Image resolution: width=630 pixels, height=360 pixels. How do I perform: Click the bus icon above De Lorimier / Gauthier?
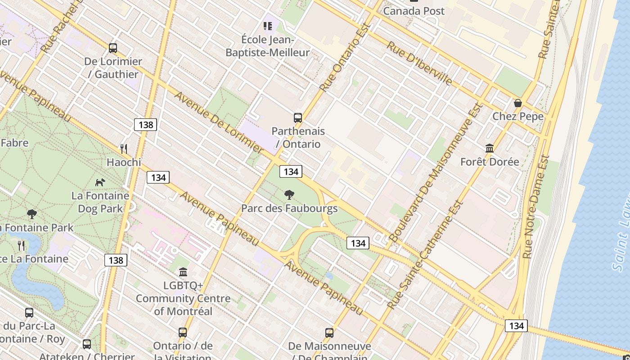(x=113, y=48)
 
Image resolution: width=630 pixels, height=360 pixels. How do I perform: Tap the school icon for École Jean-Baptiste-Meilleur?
(x=268, y=26)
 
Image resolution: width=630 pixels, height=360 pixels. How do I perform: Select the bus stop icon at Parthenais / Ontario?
(x=297, y=118)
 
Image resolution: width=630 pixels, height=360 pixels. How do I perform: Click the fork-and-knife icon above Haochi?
(x=123, y=148)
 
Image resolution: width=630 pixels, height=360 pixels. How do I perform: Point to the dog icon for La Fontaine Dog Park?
(x=100, y=182)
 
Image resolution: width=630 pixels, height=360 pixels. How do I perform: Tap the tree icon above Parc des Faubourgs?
(x=289, y=195)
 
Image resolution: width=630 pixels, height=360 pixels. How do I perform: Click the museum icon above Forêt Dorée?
(x=489, y=148)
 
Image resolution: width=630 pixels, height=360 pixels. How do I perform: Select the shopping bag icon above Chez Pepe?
(x=517, y=103)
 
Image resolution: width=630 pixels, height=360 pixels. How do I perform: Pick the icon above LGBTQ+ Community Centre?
(x=183, y=272)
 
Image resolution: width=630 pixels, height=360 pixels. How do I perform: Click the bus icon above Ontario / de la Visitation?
(x=182, y=333)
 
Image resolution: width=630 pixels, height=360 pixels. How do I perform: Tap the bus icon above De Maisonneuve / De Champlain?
(x=329, y=333)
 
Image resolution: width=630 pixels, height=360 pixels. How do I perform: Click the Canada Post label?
(x=414, y=11)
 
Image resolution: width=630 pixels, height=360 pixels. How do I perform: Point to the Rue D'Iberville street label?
(x=419, y=63)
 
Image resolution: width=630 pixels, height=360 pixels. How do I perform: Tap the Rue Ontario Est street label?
(x=344, y=57)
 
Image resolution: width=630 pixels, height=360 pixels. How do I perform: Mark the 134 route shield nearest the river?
(x=516, y=325)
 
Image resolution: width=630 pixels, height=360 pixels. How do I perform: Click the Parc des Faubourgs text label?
(x=289, y=208)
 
